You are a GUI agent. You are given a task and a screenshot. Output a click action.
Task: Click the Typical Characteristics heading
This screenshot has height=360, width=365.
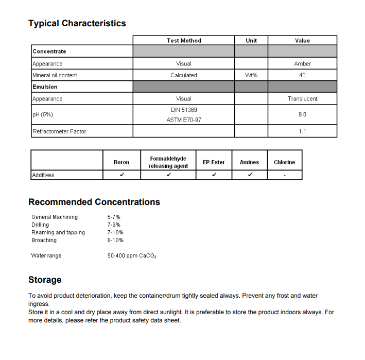point(77,23)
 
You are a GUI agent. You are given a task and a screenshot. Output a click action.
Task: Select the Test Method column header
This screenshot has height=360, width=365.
point(184,41)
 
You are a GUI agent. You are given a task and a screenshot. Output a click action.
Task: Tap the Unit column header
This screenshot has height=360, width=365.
point(251,41)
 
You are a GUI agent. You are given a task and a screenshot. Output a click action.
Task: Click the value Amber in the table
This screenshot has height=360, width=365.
point(302,64)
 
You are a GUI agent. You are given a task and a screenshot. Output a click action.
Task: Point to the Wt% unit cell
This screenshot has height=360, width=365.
point(251,75)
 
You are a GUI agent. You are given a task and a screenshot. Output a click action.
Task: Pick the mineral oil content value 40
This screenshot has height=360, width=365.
point(302,75)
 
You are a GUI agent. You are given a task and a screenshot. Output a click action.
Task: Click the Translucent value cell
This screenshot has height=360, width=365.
point(302,99)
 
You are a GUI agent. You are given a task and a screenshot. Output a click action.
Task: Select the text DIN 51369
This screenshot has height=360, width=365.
point(184,110)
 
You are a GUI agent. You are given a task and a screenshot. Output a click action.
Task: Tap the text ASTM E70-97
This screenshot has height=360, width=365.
point(184,120)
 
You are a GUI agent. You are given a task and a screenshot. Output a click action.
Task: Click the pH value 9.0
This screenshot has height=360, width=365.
point(302,115)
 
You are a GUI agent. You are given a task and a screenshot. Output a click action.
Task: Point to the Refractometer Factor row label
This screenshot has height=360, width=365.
point(59,132)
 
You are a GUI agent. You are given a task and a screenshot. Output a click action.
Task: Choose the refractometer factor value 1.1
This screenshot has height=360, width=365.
point(302,132)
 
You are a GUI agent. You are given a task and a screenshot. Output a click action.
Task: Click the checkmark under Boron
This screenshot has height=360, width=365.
point(121,175)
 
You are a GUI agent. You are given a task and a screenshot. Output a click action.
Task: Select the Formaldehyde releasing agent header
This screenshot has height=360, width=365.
point(168,162)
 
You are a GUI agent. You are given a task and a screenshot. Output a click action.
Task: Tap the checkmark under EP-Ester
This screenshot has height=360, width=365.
point(214,175)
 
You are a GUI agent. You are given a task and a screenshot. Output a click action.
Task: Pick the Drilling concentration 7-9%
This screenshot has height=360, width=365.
point(114,225)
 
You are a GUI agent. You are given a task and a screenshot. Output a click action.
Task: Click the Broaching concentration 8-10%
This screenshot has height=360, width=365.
point(115,241)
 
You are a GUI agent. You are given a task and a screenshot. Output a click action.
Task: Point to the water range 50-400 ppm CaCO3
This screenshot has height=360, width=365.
point(132,256)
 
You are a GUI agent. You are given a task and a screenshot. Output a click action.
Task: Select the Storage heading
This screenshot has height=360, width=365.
point(45,280)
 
